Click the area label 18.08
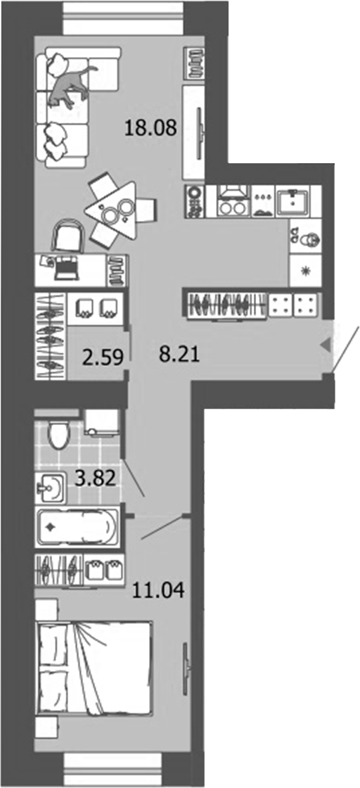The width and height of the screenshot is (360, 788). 149,128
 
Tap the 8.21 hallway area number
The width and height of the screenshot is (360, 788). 180,355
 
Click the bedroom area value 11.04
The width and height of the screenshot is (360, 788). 158,590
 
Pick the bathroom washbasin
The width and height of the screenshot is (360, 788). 51,485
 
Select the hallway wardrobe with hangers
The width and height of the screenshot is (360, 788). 224,304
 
